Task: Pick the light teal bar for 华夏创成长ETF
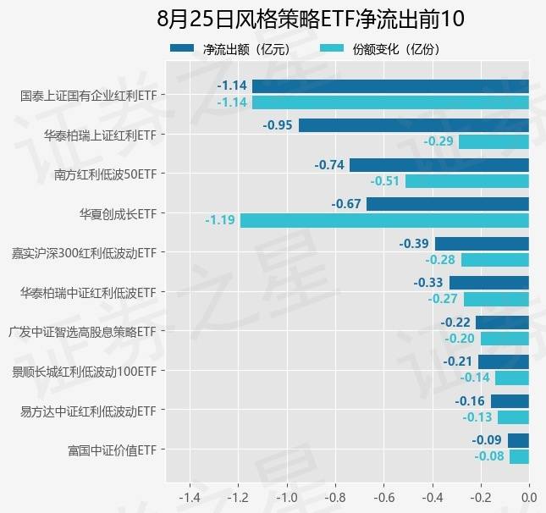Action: click(384, 220)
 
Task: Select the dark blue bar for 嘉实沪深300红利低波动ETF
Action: click(482, 244)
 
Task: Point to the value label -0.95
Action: click(278, 125)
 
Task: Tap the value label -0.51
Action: click(385, 180)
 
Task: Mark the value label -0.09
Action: click(486, 440)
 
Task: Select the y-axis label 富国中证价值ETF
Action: click(112, 450)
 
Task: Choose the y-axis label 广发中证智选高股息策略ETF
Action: click(82, 331)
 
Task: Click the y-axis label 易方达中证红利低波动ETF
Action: click(88, 411)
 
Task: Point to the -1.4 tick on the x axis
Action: click(190, 496)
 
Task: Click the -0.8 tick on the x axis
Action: click(335, 496)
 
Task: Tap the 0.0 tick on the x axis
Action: click(528, 496)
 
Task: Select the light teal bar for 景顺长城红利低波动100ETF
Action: click(511, 378)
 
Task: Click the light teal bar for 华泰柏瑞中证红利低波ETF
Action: click(496, 299)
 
